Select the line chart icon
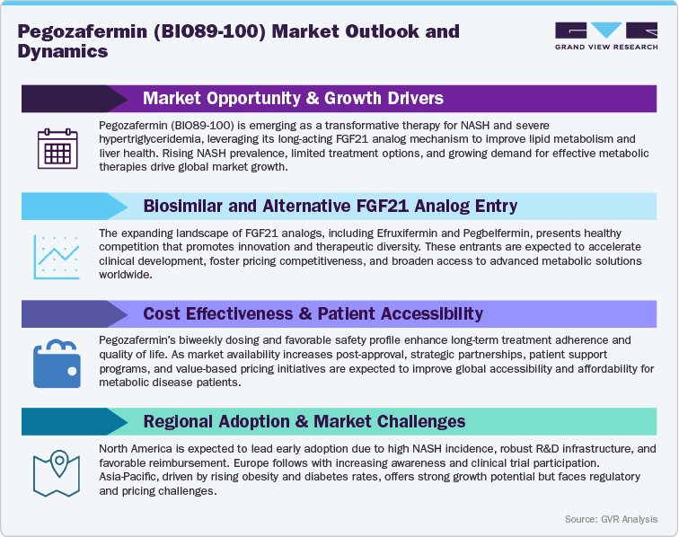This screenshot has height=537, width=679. [57, 252]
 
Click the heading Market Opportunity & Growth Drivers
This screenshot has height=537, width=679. [293, 98]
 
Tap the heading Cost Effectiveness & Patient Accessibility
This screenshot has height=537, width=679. [313, 314]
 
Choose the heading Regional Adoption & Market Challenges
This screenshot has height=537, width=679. [304, 421]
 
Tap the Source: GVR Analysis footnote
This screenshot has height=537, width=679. [611, 519]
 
